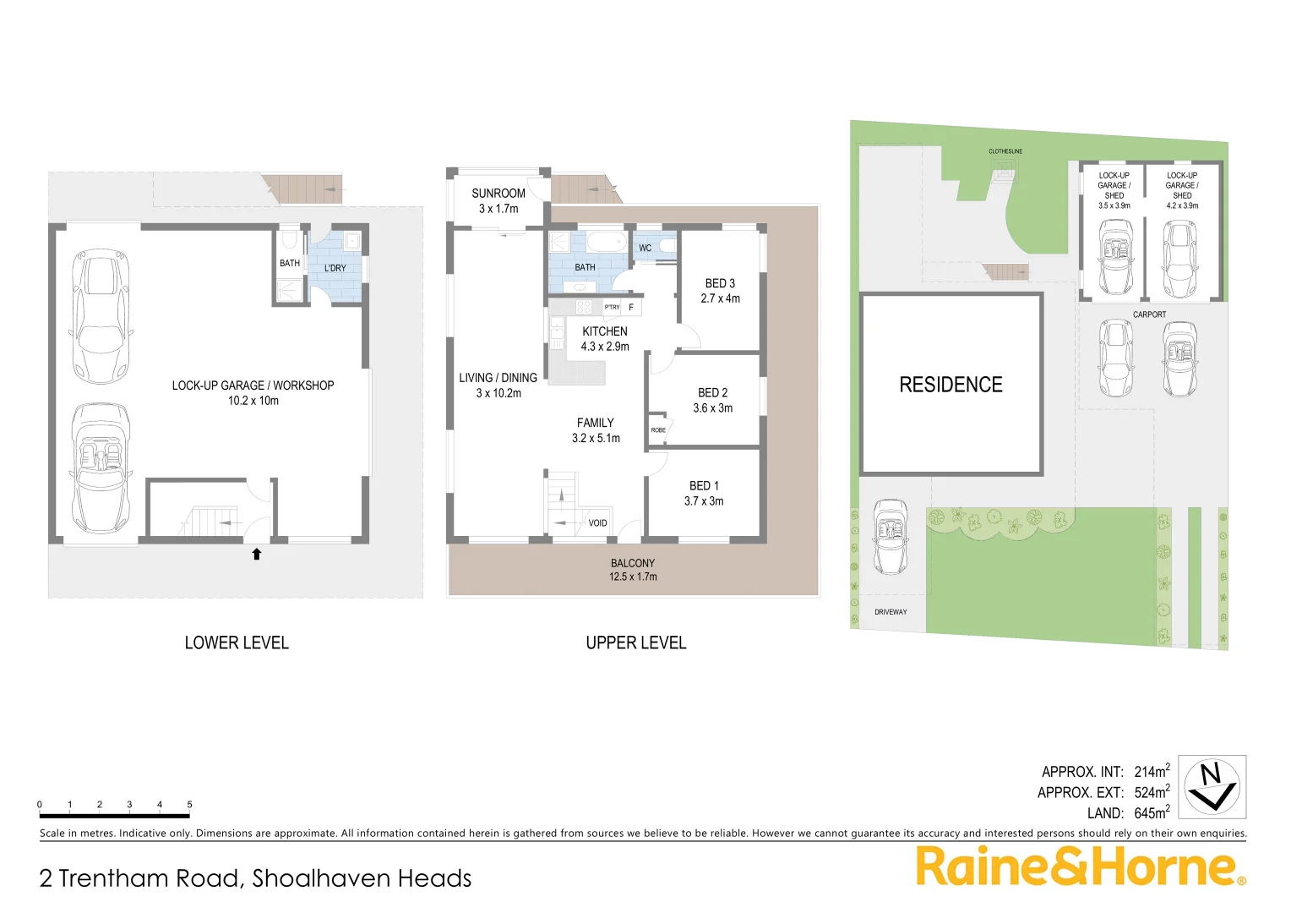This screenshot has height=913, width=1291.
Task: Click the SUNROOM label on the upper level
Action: click(498, 194)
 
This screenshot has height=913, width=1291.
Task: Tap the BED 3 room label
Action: click(720, 284)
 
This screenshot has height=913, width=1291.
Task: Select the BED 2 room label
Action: click(712, 393)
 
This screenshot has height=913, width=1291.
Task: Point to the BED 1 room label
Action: click(704, 486)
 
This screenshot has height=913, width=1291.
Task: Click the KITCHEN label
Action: click(605, 331)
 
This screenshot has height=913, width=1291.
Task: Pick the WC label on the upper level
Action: click(645, 249)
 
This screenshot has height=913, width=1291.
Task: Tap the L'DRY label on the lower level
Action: click(335, 268)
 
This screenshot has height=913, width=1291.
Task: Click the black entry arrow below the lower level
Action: click(257, 555)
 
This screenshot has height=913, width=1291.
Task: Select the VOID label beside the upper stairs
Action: click(597, 523)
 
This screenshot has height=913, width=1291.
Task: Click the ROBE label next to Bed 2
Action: click(658, 430)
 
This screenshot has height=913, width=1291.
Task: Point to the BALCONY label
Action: click(633, 563)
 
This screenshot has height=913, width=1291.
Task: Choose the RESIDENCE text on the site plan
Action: click(951, 385)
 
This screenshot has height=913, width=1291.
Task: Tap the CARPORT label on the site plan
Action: click(1149, 314)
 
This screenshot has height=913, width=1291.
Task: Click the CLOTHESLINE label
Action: click(1005, 151)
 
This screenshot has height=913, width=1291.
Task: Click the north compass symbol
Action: click(1212, 787)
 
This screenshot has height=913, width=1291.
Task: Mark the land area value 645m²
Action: click(1152, 813)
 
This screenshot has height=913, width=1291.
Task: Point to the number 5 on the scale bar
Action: click(189, 805)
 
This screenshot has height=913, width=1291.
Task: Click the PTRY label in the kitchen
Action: click(612, 308)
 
